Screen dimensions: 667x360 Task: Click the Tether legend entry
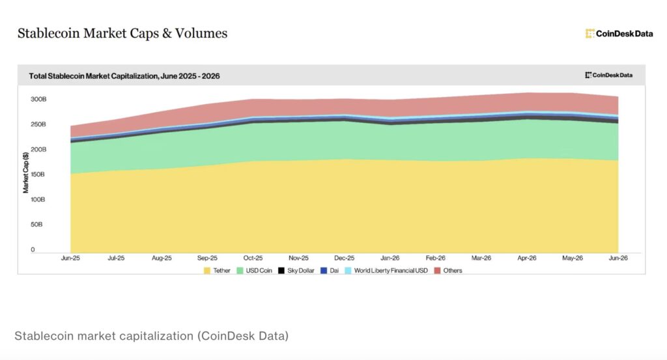[x=217, y=271]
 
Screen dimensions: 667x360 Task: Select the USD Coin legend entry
[x=255, y=271]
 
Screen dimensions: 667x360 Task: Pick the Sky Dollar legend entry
[x=296, y=271]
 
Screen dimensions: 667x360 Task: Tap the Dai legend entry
[x=330, y=271]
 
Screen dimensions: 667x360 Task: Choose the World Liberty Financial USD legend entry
[x=386, y=271]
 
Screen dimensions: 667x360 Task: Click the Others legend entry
[x=448, y=271]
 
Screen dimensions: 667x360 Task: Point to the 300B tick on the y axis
[x=38, y=99]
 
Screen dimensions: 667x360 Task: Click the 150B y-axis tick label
[x=38, y=174]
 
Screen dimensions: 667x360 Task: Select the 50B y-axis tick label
[x=36, y=225]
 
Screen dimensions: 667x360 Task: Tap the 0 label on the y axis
[x=33, y=249]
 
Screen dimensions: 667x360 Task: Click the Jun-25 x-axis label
[x=70, y=258]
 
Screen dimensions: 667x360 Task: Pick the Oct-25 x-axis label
[x=253, y=258]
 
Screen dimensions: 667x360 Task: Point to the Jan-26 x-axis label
[x=390, y=258]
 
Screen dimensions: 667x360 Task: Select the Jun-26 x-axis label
[x=618, y=258]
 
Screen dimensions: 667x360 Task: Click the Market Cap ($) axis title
[x=26, y=173]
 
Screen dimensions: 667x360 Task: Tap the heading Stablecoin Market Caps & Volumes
[x=122, y=33]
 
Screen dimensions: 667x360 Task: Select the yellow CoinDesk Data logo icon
[x=590, y=34]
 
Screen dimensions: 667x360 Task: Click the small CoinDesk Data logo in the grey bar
[x=609, y=76]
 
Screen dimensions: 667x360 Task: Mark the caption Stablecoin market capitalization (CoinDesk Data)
[x=151, y=336]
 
